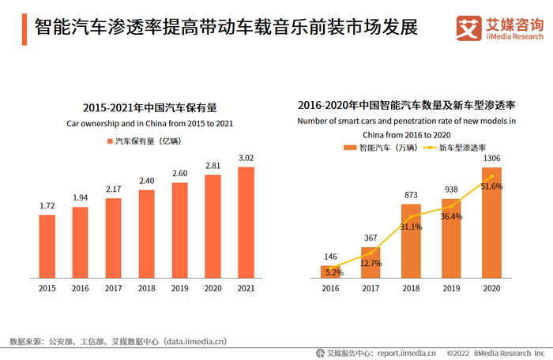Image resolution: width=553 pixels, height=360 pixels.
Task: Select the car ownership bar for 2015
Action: pyautogui.click(x=47, y=246)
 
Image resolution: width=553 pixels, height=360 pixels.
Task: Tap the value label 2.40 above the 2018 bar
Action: pyautogui.click(x=147, y=181)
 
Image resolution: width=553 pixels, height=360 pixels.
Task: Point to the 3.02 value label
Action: pyautogui.click(x=246, y=158)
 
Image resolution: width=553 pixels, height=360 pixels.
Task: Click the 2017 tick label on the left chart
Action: pyautogui.click(x=114, y=290)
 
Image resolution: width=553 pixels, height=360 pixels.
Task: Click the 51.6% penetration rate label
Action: pyautogui.click(x=492, y=186)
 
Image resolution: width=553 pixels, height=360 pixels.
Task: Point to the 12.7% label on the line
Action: pyautogui.click(x=371, y=263)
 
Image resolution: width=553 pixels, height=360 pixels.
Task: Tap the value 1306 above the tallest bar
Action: pyautogui.click(x=491, y=159)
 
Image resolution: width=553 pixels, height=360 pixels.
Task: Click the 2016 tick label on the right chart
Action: pyautogui.click(x=330, y=290)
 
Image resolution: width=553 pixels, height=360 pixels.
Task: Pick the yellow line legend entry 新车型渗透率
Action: pyautogui.click(x=457, y=147)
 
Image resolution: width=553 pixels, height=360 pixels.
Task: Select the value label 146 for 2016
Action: pyautogui.click(x=330, y=257)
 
